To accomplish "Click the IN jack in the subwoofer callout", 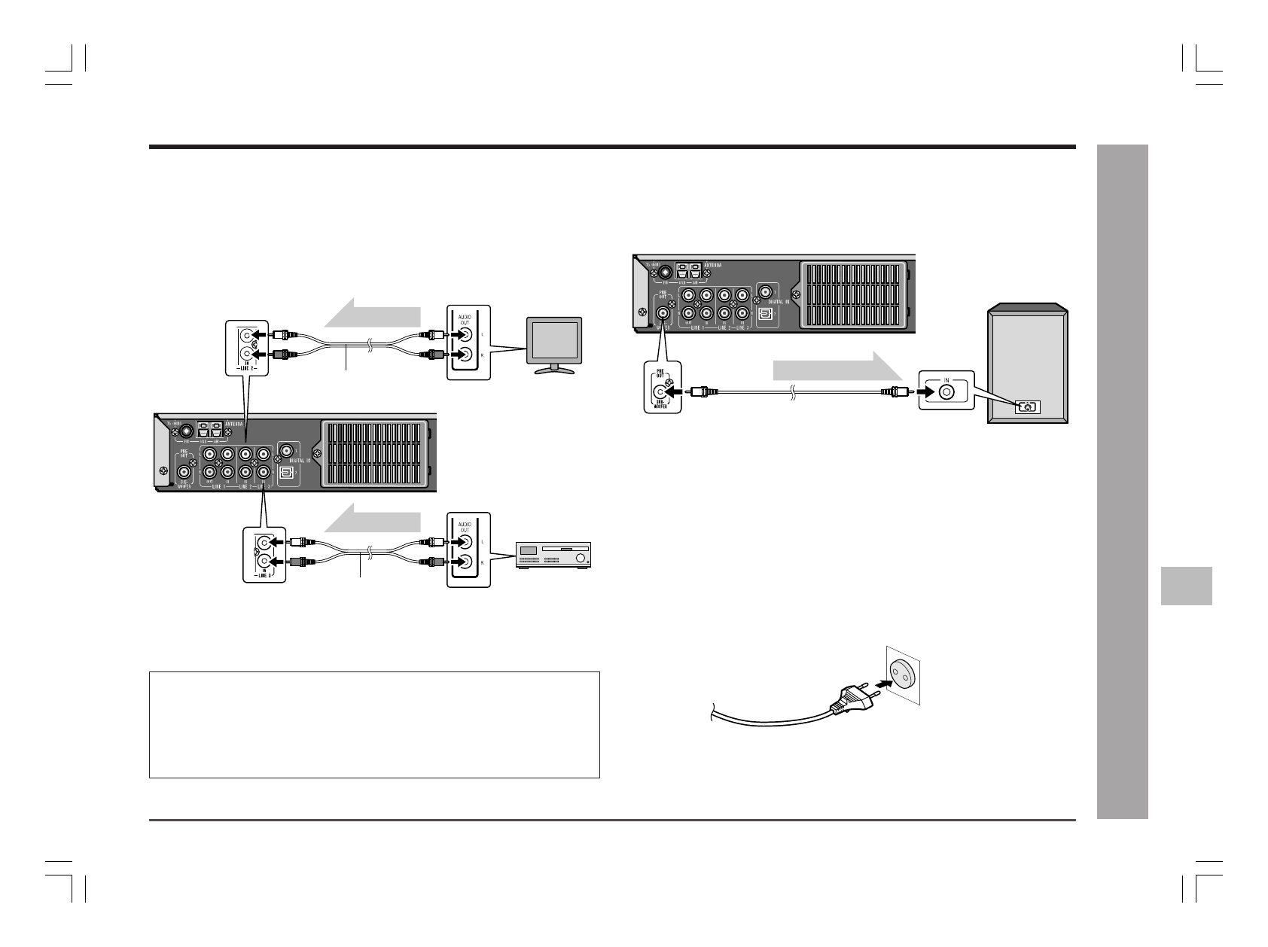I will (x=946, y=391).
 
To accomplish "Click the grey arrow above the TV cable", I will (x=372, y=312).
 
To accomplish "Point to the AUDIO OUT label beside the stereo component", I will (x=464, y=525).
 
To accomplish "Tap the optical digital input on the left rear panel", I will (x=285, y=472).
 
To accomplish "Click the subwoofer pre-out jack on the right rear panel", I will (x=663, y=312).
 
